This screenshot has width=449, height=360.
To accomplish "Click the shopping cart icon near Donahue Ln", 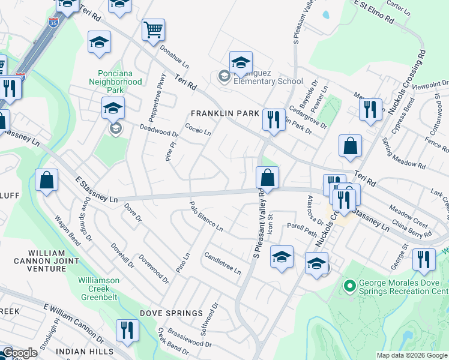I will point(154,29).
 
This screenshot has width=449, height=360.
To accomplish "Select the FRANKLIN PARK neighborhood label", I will point(224,113).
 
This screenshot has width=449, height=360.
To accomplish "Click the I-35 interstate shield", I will point(54,23).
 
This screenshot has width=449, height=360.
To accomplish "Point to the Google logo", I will point(19,353).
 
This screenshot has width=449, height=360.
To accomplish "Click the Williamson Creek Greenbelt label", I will point(99,287).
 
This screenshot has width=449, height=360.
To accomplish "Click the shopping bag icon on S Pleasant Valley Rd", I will point(268,178).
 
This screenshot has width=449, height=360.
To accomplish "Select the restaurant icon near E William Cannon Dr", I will point(127,330).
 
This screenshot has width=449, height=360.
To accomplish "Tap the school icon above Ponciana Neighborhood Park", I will point(100,42).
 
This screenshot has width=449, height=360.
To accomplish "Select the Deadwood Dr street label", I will point(159,131).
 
